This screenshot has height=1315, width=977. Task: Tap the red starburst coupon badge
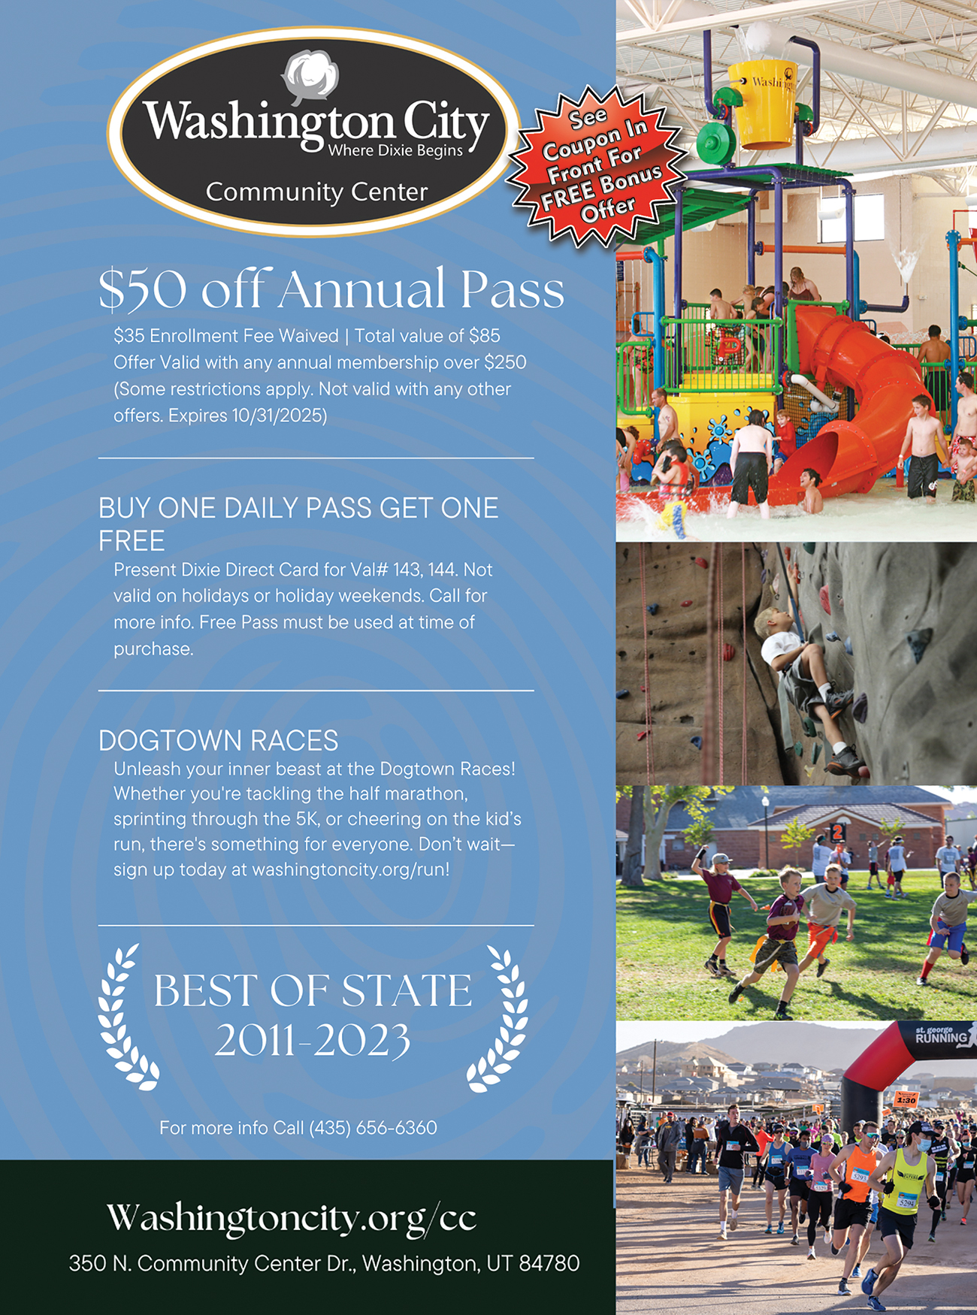[598, 165]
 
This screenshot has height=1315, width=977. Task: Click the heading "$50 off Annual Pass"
[331, 289]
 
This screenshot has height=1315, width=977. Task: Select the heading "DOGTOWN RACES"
[219, 741]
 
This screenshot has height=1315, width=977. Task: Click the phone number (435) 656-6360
[374, 1128]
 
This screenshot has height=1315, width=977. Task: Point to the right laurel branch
[499, 1017]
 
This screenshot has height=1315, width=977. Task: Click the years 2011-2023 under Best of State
[313, 1041]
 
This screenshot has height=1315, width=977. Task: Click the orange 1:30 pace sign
[907, 1099]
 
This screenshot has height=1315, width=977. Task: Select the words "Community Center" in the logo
[316, 192]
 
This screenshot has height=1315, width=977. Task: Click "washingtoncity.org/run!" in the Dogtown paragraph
[351, 870]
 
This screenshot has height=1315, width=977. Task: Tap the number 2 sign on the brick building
[837, 833]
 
